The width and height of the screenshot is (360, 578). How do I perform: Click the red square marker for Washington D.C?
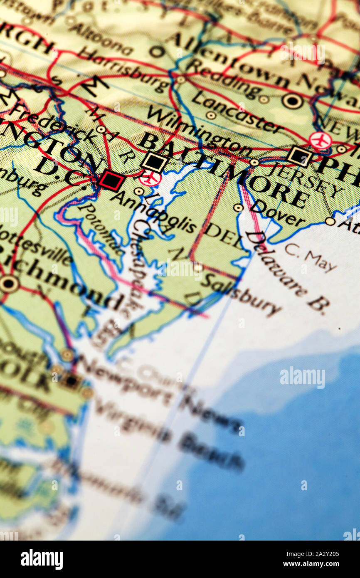coord(111,180)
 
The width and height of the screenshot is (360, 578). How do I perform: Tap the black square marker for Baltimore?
coord(154,162)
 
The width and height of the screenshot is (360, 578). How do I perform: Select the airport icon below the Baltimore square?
coord(150,178)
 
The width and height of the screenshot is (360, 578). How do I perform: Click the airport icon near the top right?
coord(320,141)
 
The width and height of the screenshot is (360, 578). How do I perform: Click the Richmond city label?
coord(62,283)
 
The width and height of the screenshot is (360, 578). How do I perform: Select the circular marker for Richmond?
coord(9,284)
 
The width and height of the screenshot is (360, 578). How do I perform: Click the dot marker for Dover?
coord(238,207)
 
